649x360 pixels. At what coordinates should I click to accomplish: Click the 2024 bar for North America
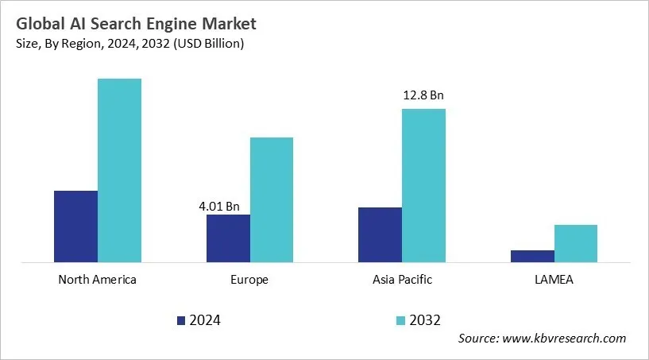[75, 226]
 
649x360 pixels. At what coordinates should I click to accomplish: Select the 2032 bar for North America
[119, 170]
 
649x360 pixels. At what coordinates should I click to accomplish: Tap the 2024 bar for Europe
[228, 238]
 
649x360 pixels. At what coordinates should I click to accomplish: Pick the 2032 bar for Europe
[272, 199]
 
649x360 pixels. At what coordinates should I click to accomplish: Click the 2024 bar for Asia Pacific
[380, 234]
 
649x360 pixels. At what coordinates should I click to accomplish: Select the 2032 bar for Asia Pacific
[423, 185]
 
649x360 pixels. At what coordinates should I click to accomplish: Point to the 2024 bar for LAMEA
[532, 256]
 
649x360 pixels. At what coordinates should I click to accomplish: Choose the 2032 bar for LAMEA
[576, 243]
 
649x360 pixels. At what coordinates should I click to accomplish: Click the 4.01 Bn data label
[218, 207]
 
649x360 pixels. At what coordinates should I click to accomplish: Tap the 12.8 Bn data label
[423, 95]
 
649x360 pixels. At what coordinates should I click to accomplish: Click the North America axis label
[98, 280]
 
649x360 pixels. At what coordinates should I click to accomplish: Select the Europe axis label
[249, 280]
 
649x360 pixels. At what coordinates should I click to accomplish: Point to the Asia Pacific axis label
[402, 280]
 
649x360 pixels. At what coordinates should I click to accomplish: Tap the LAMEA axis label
[554, 280]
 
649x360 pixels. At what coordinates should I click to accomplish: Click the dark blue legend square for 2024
[181, 320]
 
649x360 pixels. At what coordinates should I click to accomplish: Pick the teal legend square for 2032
[401, 320]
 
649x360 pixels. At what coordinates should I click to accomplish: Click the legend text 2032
[426, 320]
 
